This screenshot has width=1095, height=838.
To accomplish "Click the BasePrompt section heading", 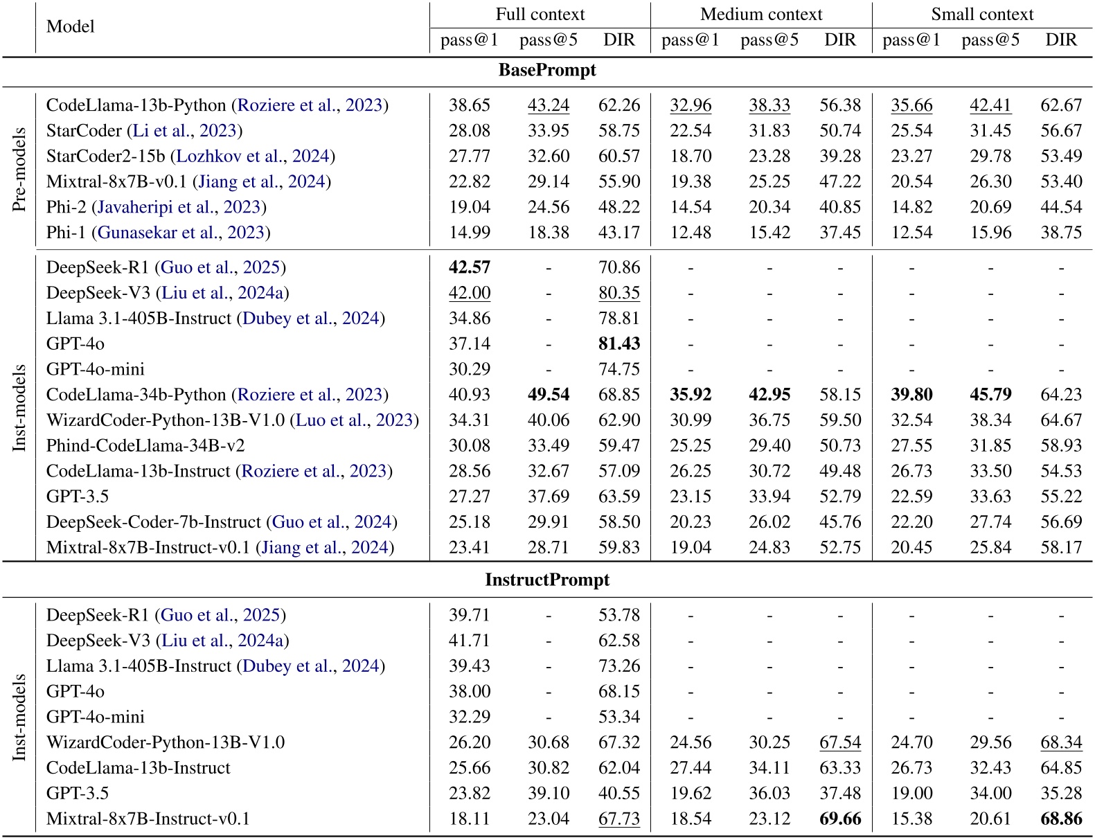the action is (547, 71).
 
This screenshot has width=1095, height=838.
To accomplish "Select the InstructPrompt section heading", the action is (547, 580).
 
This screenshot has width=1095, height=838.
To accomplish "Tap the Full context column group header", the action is (540, 15).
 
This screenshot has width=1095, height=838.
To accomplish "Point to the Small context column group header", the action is (981, 15).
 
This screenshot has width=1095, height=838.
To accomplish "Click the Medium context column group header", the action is (760, 15).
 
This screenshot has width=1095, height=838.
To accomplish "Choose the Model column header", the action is (70, 27).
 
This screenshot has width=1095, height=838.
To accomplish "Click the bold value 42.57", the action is (469, 267).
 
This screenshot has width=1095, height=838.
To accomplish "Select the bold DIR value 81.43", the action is (619, 344).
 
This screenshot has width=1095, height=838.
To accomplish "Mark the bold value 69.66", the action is (840, 819).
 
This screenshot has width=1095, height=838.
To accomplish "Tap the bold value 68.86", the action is (1061, 819).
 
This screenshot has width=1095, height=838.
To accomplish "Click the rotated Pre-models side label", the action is (19, 170).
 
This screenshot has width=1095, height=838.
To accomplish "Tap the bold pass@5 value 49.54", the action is (549, 395).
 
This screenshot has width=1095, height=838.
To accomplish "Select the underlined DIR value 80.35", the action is (619, 293).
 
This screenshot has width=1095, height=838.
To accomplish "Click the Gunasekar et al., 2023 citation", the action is (181, 233).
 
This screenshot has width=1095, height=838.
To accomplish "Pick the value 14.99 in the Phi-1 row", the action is (469, 233).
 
